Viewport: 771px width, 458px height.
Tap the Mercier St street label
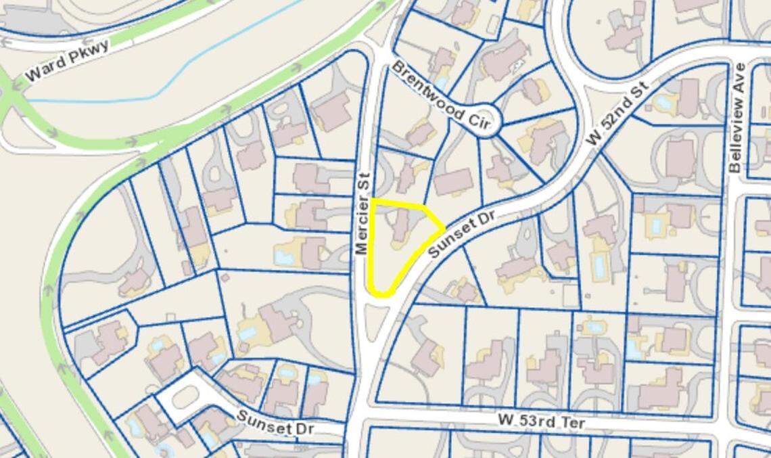(363, 214)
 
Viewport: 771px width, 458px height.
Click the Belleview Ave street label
(737, 117)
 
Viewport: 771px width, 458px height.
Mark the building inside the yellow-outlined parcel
(401, 225)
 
